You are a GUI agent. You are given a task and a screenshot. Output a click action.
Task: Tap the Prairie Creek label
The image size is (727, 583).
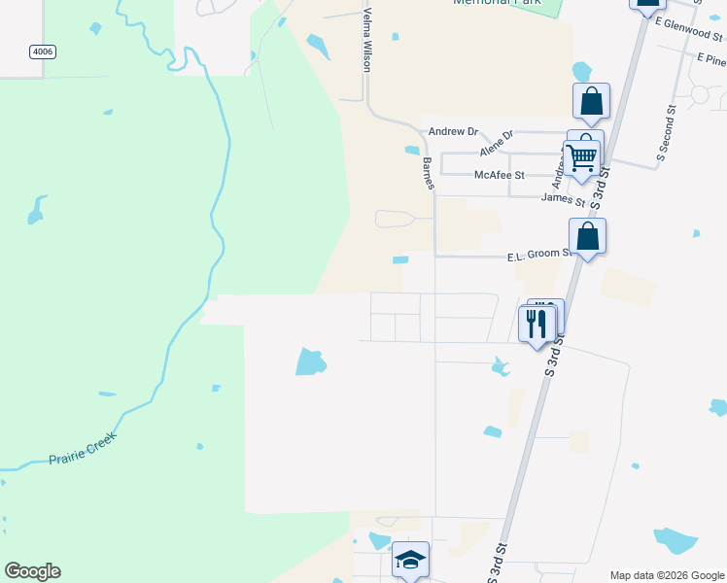pyautogui.click(x=83, y=449)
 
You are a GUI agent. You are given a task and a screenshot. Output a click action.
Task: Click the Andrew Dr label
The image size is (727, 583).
pyautogui.click(x=454, y=131)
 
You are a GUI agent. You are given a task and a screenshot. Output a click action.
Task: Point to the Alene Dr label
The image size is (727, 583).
pyautogui.click(x=494, y=144)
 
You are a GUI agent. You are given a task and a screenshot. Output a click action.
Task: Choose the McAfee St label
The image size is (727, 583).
pyautogui.click(x=499, y=175)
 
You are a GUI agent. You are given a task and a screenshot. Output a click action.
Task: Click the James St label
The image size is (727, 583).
pyautogui.click(x=563, y=199)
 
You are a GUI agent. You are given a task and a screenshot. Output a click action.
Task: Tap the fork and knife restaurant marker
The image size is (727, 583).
pyautogui.click(x=537, y=323)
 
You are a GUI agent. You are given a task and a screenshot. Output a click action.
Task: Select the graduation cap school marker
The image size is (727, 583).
pyautogui.click(x=410, y=560)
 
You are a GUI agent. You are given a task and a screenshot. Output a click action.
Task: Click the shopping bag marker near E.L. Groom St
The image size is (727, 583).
pyautogui.click(x=587, y=237)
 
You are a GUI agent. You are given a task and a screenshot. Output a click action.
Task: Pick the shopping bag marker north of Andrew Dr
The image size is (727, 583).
pyautogui.click(x=591, y=101)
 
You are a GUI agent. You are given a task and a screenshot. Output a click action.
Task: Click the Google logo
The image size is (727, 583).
pyautogui.click(x=32, y=571)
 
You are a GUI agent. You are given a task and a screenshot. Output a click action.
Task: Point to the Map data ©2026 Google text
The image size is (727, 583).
pyautogui.click(x=667, y=575)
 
